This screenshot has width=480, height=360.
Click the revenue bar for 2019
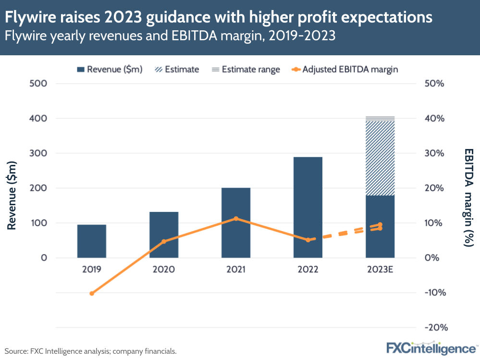[91, 241]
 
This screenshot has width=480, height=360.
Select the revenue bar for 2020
[164, 235]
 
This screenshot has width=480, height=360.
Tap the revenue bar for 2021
[236, 223]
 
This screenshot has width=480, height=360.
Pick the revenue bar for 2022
[308, 207]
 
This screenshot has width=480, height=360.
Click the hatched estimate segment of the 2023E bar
[380, 158]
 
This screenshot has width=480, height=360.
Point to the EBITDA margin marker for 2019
[92, 293]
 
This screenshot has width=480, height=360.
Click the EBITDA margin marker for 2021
[236, 219]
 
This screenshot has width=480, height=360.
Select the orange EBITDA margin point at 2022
[308, 240]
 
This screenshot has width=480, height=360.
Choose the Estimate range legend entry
[246, 69]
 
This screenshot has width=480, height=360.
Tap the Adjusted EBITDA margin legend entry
[345, 69]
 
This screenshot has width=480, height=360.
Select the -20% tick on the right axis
[437, 327]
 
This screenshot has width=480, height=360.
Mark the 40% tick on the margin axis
[437, 118]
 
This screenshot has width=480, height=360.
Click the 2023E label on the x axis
[380, 270]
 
